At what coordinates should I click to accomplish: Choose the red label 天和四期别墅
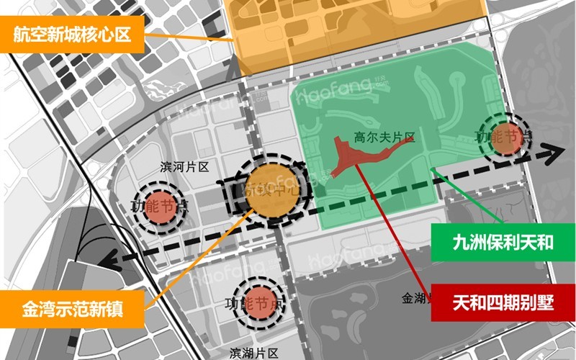click(503, 302)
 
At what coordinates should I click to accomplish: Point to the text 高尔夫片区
click(380, 135)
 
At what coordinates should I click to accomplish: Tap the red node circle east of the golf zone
click(505, 135)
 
